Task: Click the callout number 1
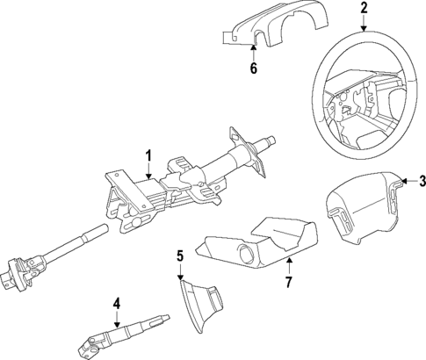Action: point(148,157)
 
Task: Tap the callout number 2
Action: point(364,10)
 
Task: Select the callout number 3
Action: point(421,182)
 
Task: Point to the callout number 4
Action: point(116,305)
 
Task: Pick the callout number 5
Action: point(179,256)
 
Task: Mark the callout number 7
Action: point(285,283)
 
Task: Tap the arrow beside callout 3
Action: point(406,182)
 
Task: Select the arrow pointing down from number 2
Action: point(364,25)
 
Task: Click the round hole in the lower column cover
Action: point(246,255)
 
